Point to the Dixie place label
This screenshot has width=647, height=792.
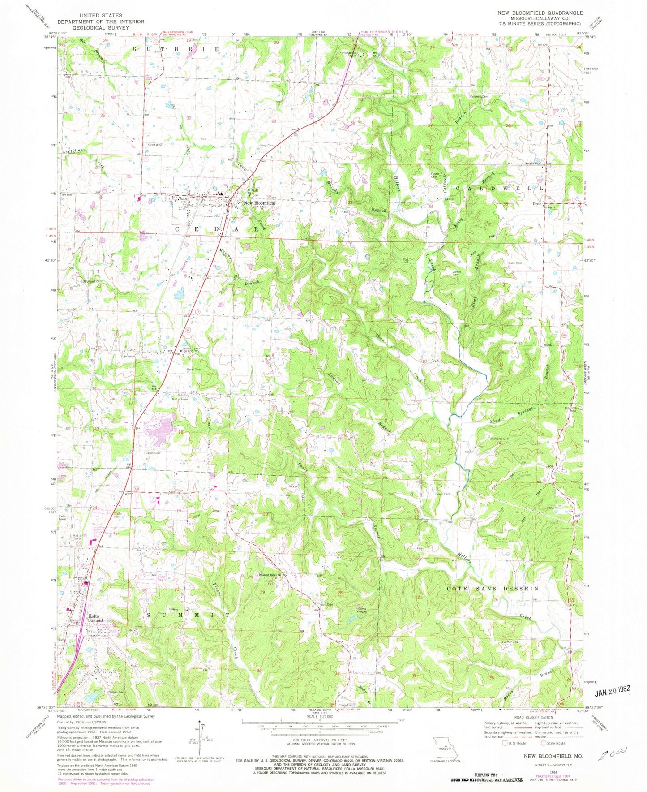537,202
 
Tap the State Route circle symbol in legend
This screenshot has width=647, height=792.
543,744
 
